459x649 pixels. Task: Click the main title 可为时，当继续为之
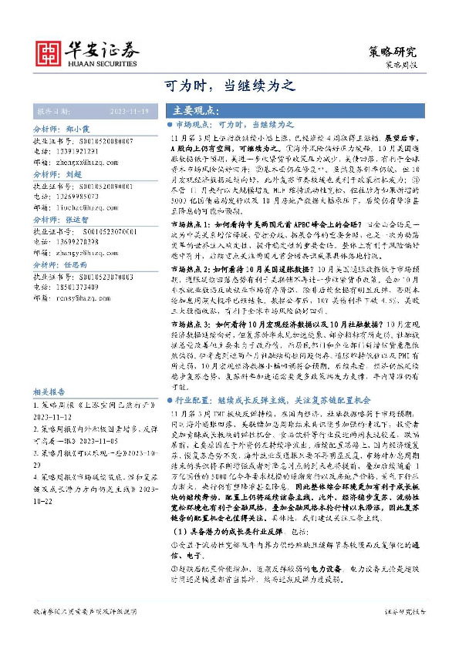pos(229,85)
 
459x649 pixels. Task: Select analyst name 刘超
pos(74,175)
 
